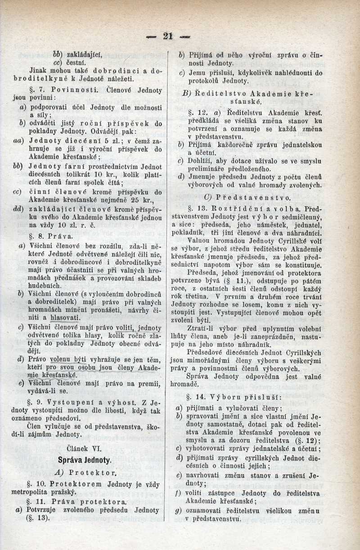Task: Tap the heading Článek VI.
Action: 85,448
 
